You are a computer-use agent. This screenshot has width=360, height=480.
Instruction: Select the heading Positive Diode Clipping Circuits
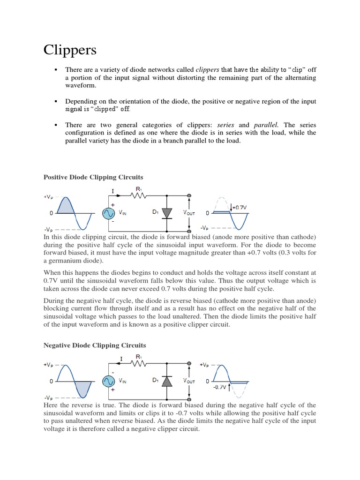pos(93,177)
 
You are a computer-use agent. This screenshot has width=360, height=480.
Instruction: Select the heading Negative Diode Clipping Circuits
pos(95,345)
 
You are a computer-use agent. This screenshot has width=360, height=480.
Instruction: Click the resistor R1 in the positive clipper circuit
pos(139,196)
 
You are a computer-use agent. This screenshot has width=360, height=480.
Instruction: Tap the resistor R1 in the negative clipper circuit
pos(139,364)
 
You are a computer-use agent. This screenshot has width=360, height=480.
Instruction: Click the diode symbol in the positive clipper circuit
pos(167,213)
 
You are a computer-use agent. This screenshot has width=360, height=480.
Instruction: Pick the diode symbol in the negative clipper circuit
pos(167,381)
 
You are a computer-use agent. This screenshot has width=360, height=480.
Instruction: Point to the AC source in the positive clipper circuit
pos(109,214)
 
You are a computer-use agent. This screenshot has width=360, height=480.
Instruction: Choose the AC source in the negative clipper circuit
pos(109,381)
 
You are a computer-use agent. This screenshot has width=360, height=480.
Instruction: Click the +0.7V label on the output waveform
pos(240,206)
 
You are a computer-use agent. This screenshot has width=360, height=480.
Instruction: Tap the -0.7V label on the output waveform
pos(219,387)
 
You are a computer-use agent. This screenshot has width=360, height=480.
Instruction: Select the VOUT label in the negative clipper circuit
pos(189,381)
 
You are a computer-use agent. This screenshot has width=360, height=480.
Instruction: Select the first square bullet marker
pos(56,69)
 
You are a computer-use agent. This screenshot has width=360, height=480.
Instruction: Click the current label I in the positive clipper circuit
pos(113,191)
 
